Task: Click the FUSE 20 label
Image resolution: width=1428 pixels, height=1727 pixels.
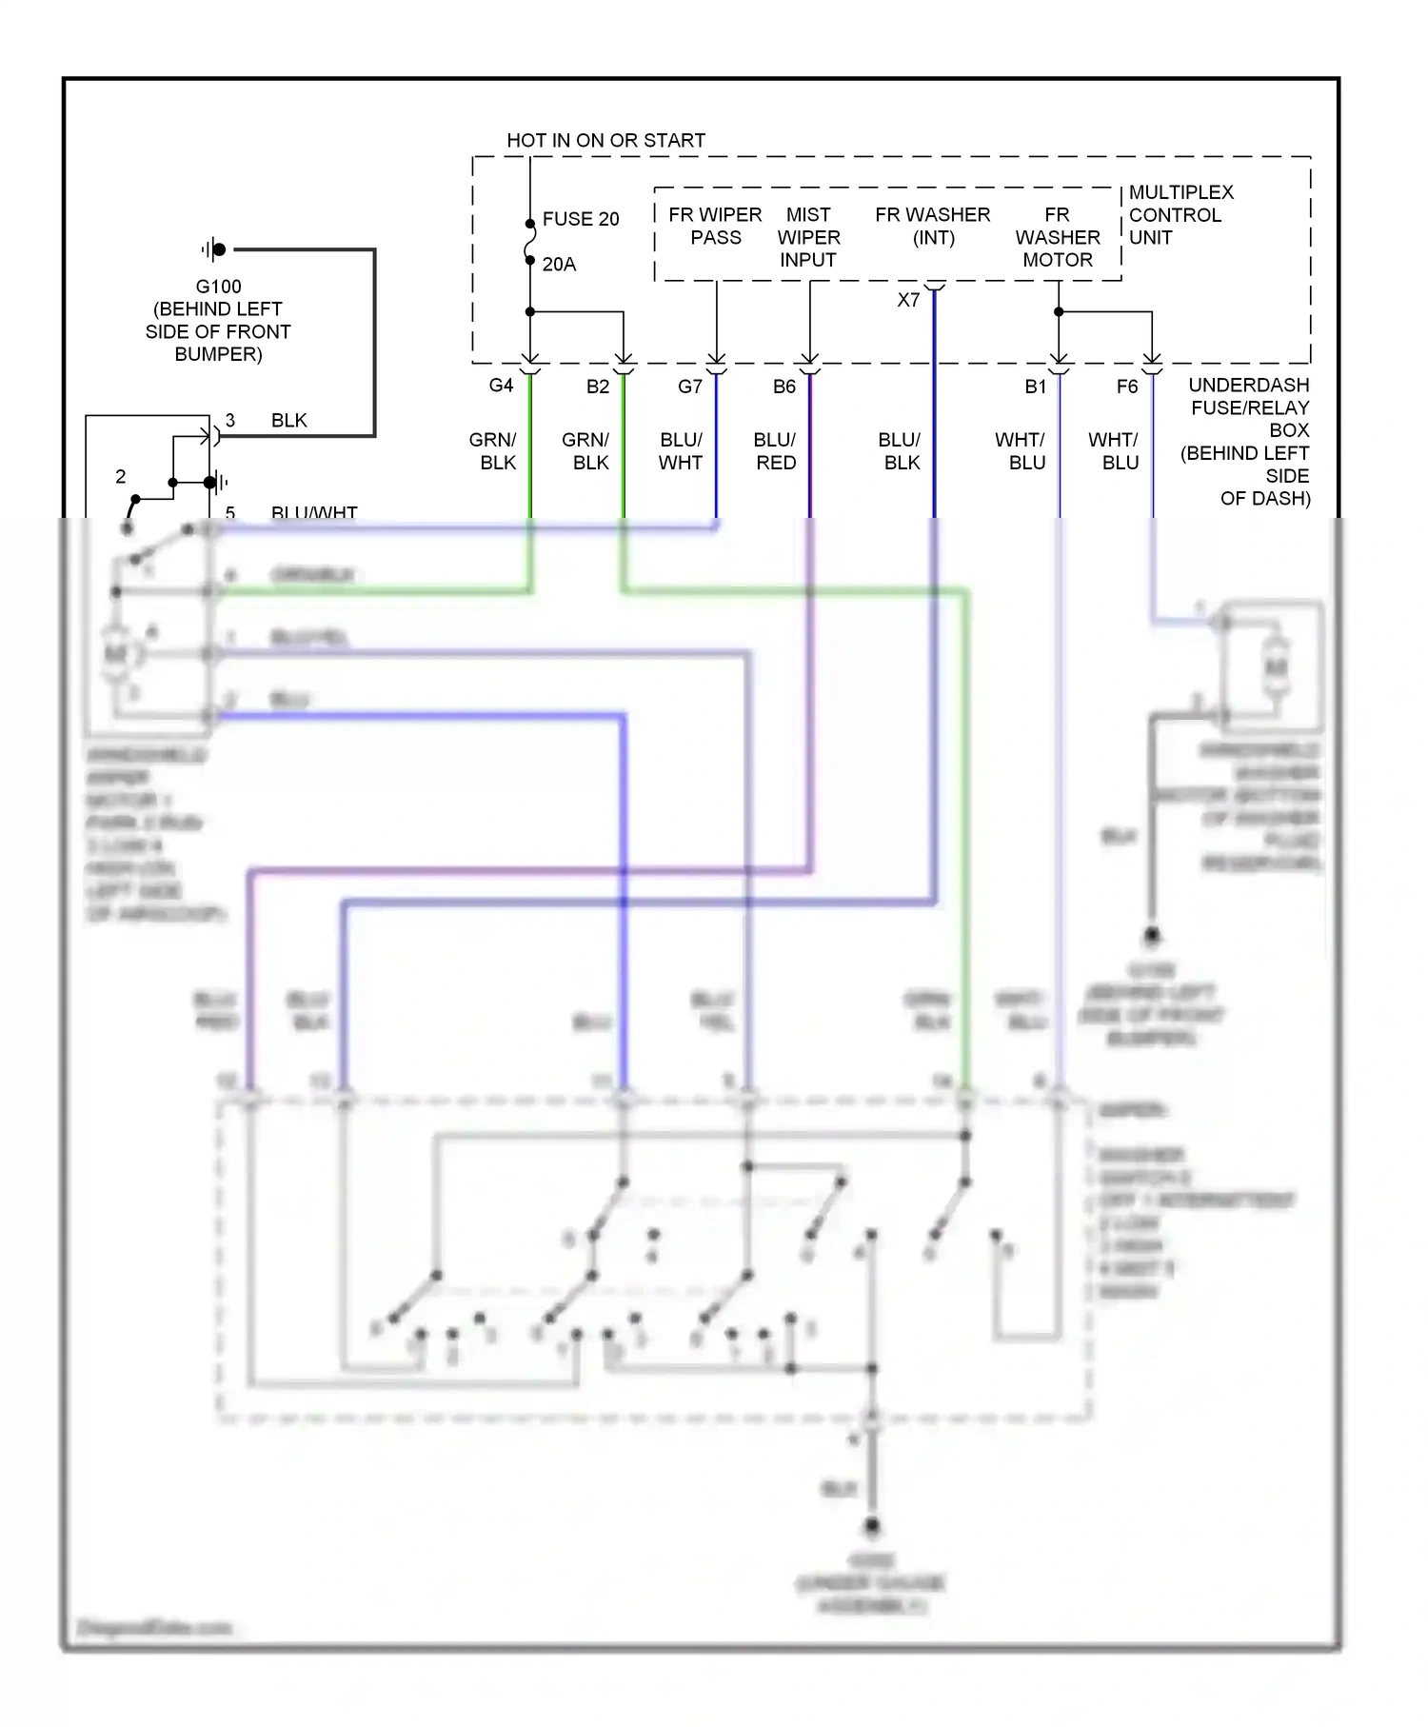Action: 580,219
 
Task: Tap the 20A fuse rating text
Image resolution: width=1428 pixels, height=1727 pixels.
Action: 559,265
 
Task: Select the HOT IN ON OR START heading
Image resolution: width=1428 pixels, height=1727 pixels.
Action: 605,140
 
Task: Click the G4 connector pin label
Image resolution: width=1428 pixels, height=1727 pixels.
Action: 501,386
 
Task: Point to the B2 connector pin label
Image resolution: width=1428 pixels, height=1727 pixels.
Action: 597,387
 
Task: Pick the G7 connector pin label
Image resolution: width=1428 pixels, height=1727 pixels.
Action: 689,387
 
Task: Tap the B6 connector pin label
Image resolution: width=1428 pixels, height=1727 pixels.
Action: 783,387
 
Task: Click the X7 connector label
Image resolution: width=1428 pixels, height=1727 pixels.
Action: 908,300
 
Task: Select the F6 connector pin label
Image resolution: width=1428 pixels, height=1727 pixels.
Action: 1126,387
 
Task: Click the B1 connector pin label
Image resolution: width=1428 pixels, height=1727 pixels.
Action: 1035,387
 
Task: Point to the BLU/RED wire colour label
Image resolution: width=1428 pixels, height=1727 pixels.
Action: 775,451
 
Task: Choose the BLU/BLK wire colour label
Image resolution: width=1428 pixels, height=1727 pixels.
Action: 900,451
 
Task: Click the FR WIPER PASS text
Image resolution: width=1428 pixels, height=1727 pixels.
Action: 715,227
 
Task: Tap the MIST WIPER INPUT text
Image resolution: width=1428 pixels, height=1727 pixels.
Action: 808,237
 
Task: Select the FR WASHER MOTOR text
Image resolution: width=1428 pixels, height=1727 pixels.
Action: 1057,237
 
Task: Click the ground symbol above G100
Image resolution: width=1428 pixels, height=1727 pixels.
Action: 214,249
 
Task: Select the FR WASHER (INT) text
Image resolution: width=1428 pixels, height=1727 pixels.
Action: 932,227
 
